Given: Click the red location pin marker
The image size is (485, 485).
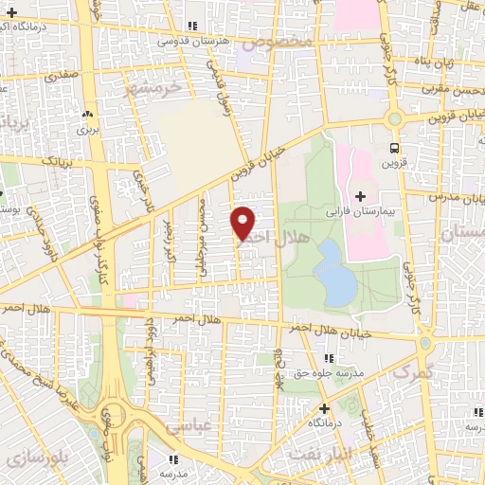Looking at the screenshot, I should pos(243,222).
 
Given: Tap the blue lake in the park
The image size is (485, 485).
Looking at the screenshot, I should pos(332,271).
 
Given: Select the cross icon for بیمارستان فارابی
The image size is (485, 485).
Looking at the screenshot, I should pos(359,195).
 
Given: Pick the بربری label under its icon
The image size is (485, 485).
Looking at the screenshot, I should pos(88,128).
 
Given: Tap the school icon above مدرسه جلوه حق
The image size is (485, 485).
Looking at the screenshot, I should pos(329,358).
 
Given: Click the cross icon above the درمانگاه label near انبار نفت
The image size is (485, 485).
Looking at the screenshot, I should pos(323,408).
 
